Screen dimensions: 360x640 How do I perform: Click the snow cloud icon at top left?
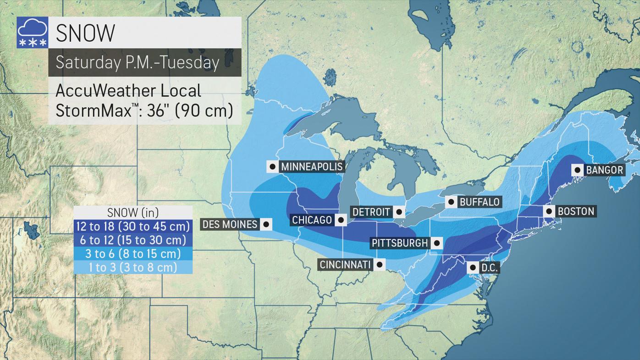point(32,33)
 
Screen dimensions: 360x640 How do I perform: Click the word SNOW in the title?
point(85,33)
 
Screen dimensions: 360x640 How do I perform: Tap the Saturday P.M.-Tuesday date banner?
point(138,62)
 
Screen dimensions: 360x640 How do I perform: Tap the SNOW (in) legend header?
point(132,212)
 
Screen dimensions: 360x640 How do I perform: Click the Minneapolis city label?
point(312,166)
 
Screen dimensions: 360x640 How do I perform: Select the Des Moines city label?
point(230,224)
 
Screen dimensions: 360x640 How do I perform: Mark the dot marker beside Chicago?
point(341,220)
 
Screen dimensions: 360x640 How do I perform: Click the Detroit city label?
point(371,212)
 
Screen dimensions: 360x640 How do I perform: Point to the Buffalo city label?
point(480,202)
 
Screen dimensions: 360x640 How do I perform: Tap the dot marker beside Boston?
point(549,211)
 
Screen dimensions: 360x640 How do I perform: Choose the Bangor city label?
point(605,170)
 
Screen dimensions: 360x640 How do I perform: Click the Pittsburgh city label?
point(399,243)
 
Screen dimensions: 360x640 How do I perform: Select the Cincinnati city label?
point(345,265)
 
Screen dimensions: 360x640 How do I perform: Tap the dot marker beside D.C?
point(473,267)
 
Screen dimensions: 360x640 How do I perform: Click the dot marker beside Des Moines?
point(266,224)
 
